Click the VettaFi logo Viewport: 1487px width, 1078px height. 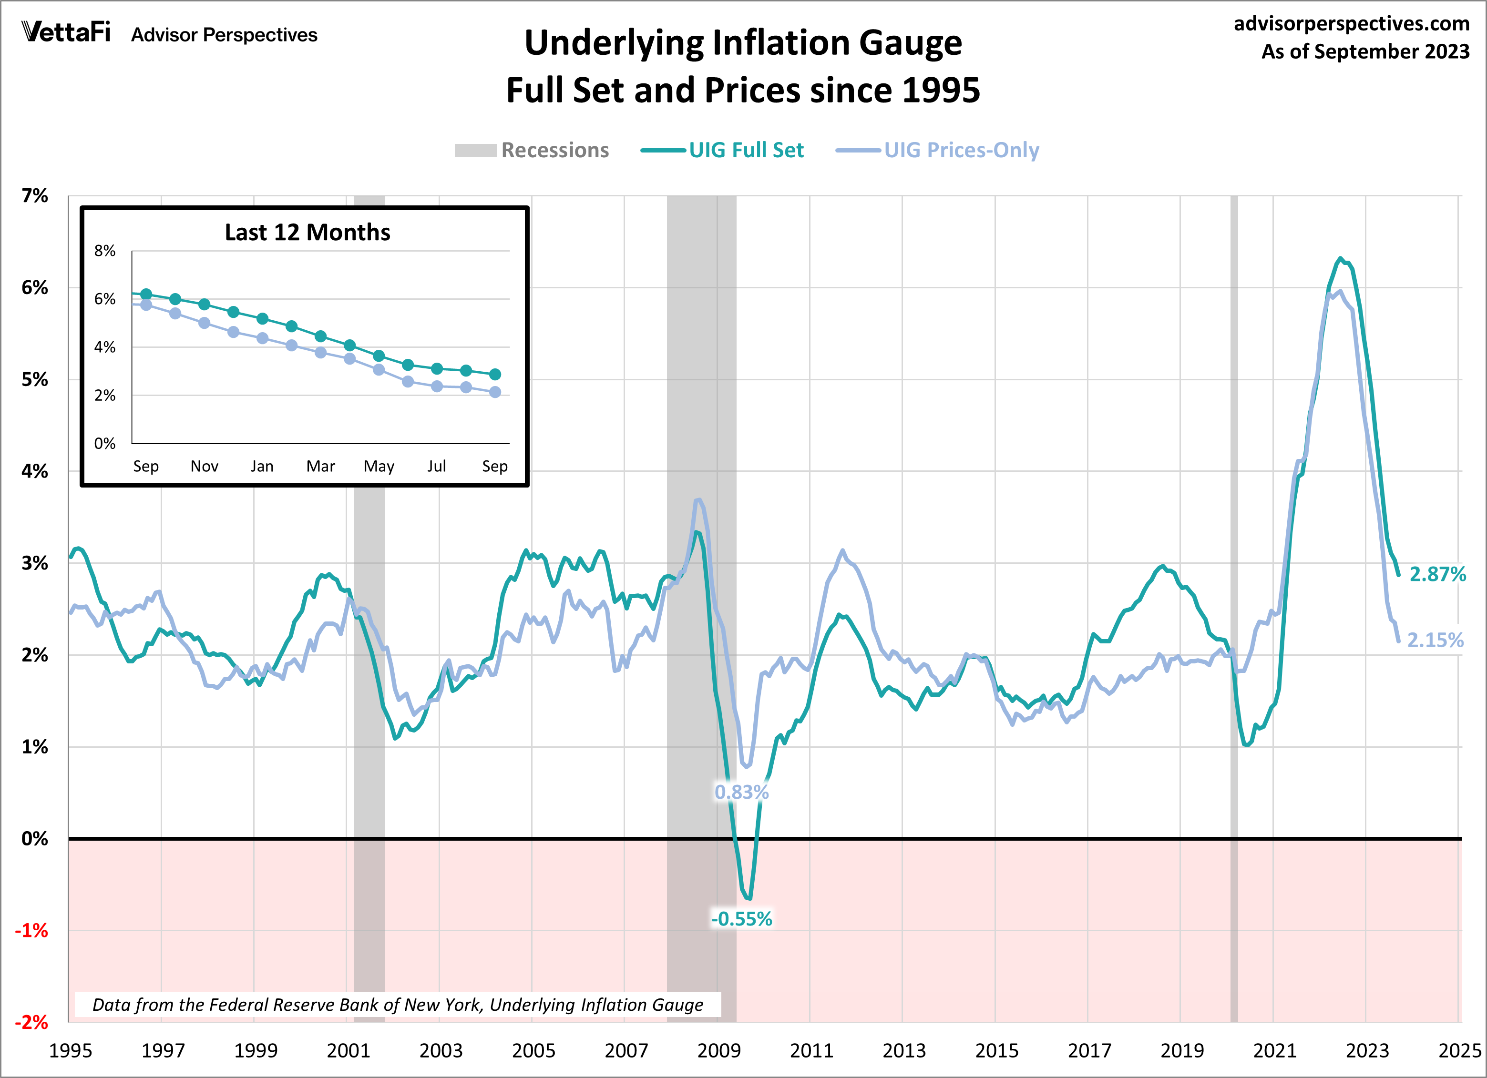tap(66, 32)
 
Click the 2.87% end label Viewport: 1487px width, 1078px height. tap(1437, 574)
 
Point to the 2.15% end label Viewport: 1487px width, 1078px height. tap(1435, 640)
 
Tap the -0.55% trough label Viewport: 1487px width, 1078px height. tap(741, 919)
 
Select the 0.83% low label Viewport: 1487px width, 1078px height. tap(741, 792)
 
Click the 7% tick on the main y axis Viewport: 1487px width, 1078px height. tap(35, 195)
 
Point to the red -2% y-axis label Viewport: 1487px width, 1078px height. tap(31, 1022)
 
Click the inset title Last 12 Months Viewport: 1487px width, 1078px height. tap(308, 233)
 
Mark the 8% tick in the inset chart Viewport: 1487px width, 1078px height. tap(105, 251)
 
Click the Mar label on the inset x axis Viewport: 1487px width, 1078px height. tap(320, 467)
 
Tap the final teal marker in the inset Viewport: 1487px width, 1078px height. tap(495, 374)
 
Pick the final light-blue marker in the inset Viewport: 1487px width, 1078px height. tap(495, 392)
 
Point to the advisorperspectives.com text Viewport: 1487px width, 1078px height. tap(1351, 24)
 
